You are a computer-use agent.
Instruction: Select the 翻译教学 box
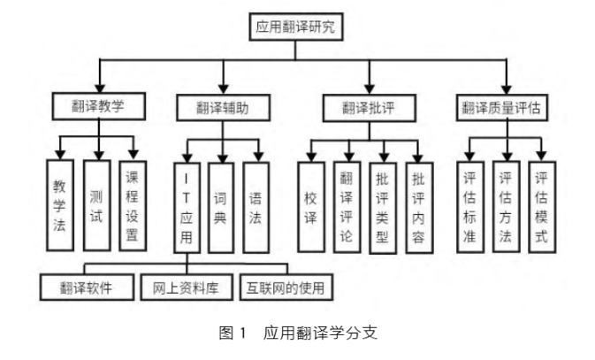pyautogui.click(x=97, y=106)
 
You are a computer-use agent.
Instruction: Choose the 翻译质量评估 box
pyautogui.click(x=501, y=107)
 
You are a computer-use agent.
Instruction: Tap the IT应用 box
pyautogui.click(x=187, y=209)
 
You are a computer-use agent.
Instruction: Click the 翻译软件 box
pyautogui.click(x=87, y=287)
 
